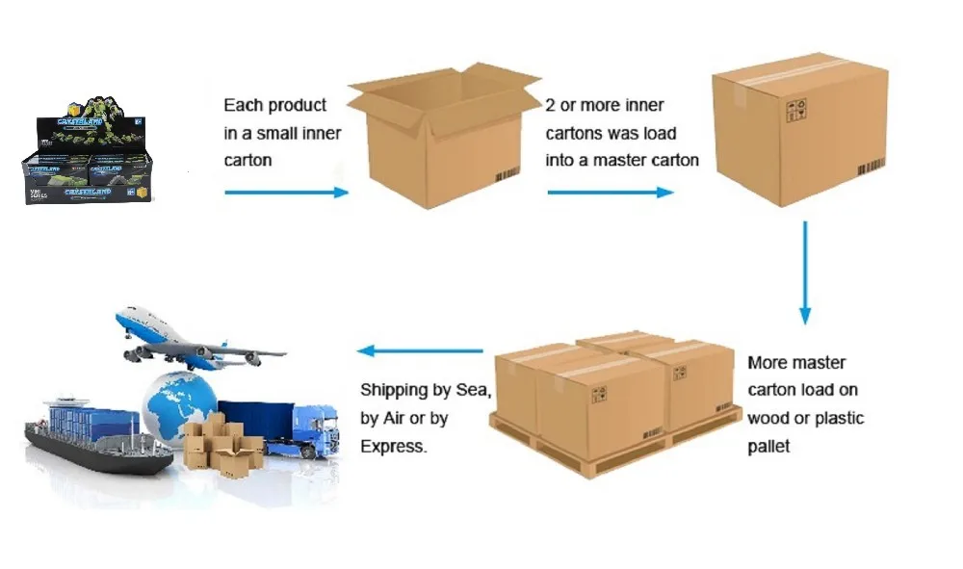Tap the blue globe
point(178,404)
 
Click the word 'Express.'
point(395,447)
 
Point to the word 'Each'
point(243,105)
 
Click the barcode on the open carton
point(508,177)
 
